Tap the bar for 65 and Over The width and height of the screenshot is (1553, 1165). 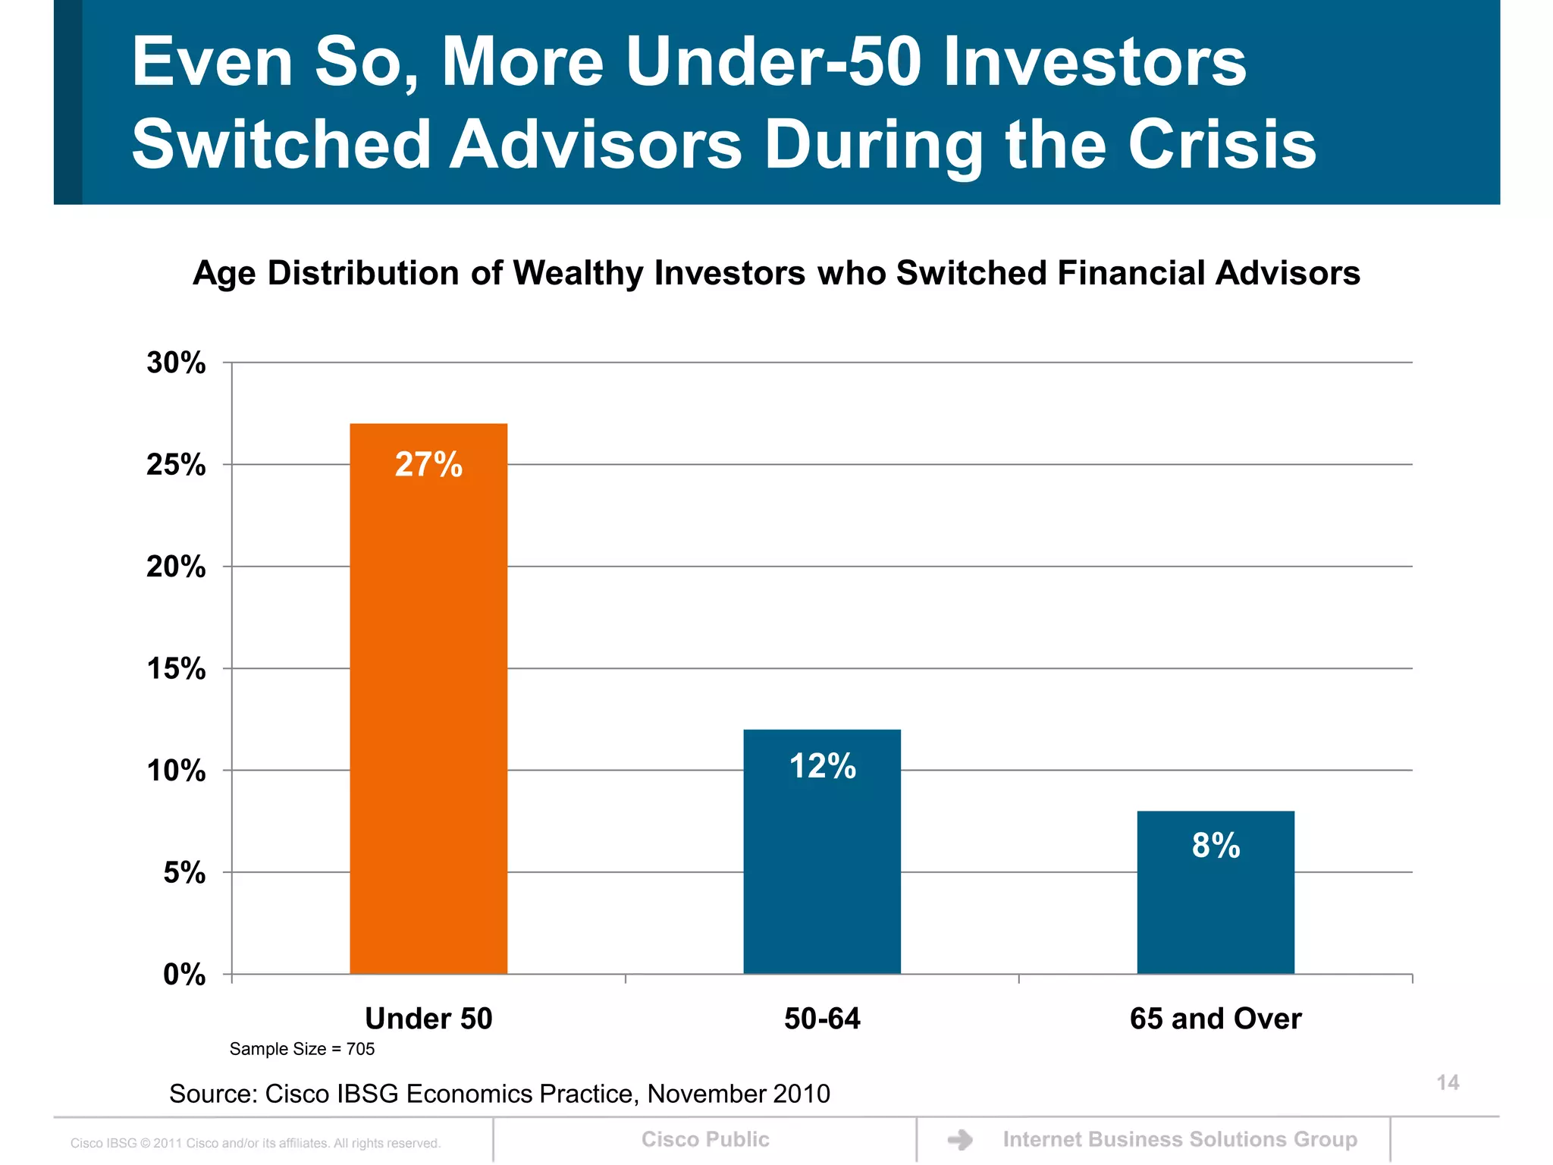[1216, 910]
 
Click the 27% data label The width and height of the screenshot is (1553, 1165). [428, 464]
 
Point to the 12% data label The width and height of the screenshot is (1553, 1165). [823, 766]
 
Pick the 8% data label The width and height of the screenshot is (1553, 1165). [1216, 845]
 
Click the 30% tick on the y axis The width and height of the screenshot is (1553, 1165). [176, 363]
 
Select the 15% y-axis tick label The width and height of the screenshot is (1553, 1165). [176, 668]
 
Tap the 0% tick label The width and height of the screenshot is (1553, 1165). [184, 974]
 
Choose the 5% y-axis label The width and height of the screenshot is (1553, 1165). [184, 872]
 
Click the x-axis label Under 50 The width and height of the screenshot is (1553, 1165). [428, 1018]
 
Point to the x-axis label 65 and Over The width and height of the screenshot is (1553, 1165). [1216, 1018]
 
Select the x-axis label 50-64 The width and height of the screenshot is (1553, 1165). [822, 1018]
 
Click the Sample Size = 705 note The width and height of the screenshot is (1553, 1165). [302, 1049]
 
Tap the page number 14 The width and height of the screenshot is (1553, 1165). [1448, 1082]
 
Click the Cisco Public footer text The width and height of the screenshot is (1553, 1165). [705, 1139]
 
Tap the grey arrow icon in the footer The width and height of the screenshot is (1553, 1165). [960, 1139]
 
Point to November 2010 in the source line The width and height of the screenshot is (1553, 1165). [739, 1094]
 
